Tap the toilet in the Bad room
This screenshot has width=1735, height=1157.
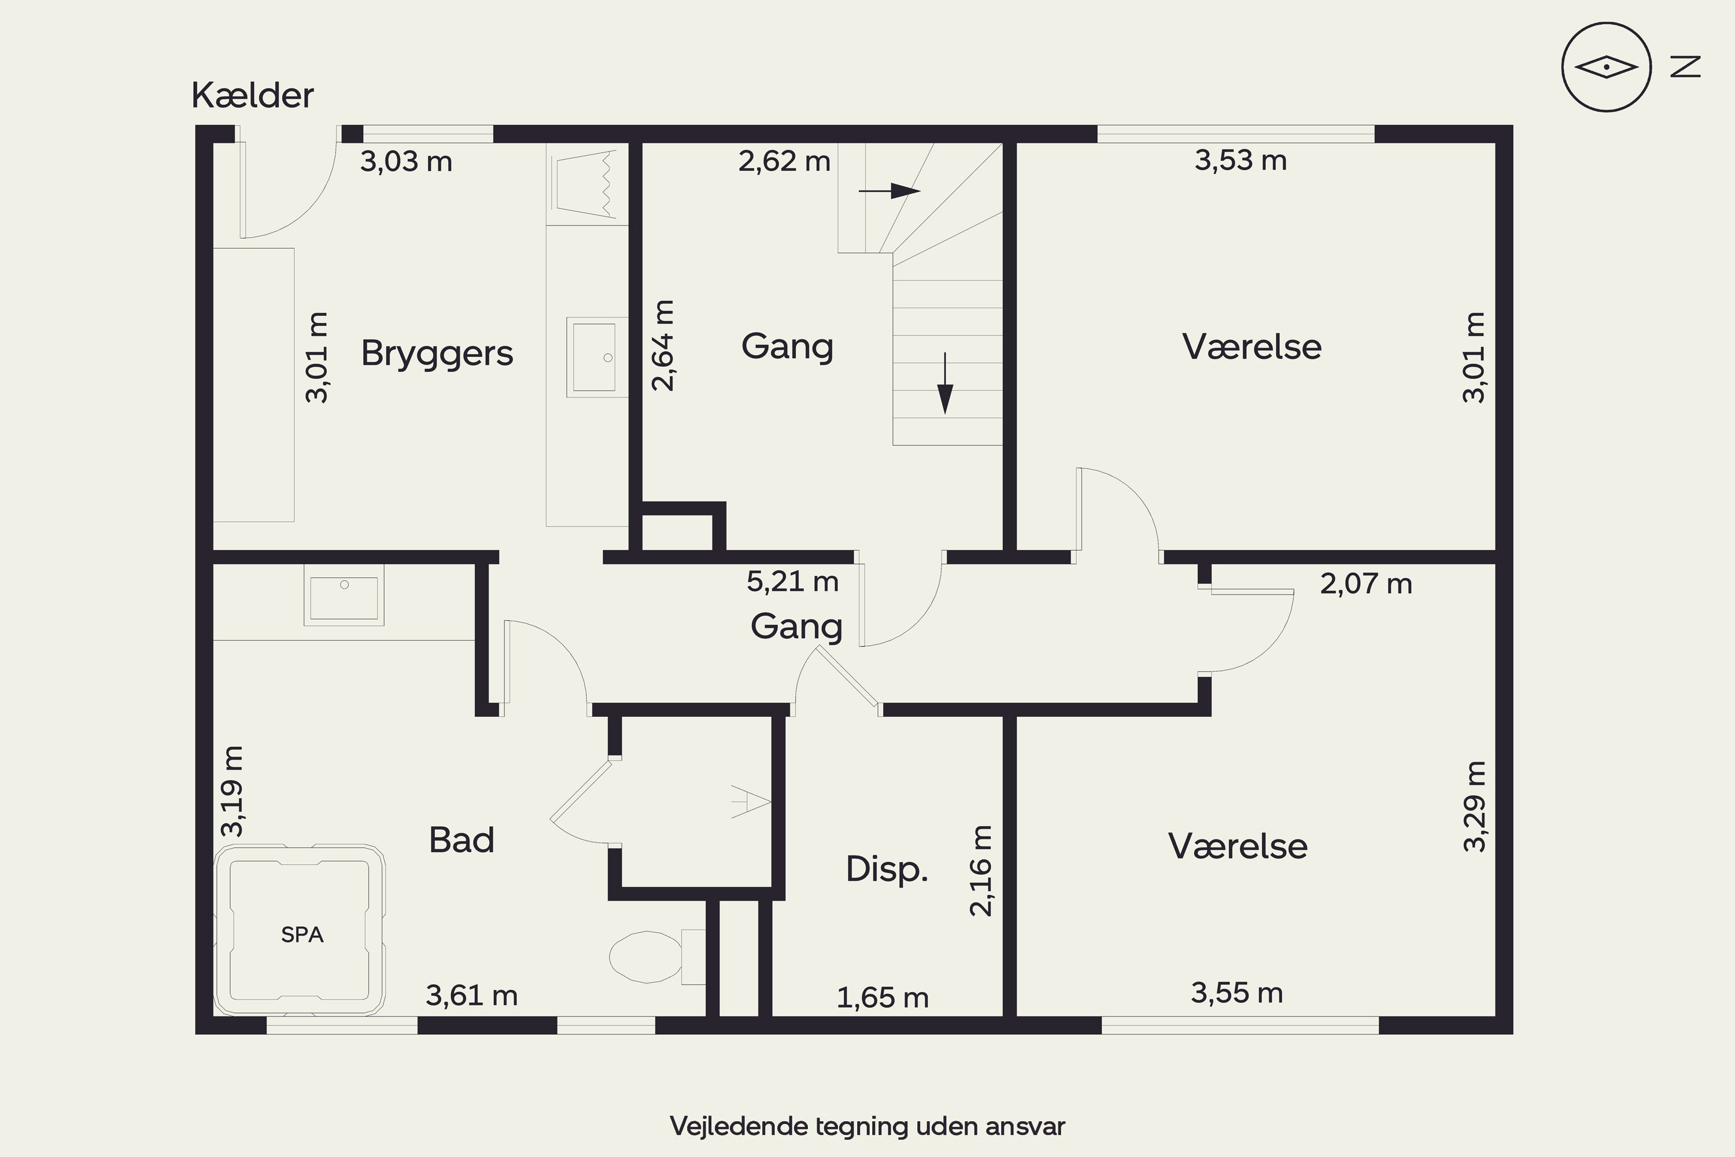click(656, 956)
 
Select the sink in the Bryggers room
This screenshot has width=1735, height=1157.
click(597, 357)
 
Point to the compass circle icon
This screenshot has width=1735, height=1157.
click(1606, 67)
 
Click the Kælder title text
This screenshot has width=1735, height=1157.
click(252, 95)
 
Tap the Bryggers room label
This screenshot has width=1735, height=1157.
click(437, 354)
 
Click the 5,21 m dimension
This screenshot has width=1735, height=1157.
click(792, 581)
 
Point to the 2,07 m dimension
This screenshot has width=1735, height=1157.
click(1366, 584)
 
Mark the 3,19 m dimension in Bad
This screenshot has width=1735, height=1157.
click(232, 791)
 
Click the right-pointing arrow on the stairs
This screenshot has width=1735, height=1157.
click(889, 191)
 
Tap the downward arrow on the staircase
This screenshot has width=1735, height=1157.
click(944, 383)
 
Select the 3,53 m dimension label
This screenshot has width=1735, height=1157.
click(1241, 160)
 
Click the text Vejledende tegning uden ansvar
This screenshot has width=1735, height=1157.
click(867, 1126)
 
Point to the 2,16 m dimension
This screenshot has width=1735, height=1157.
click(980, 871)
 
